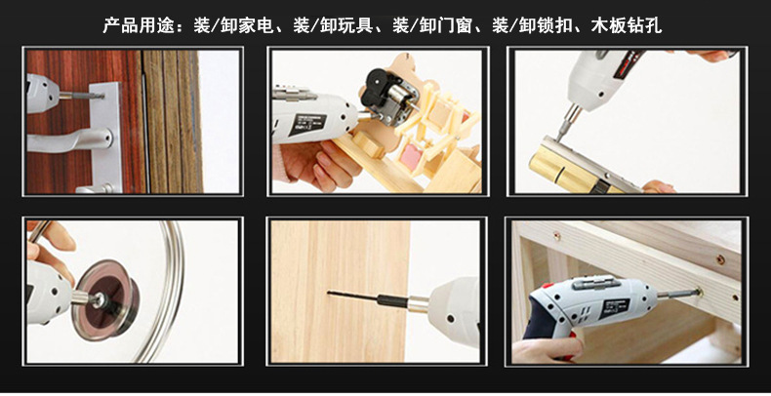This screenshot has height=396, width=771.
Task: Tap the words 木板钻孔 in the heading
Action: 627,25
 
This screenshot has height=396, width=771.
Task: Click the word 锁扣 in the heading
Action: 554,25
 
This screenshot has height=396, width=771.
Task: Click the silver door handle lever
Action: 69,140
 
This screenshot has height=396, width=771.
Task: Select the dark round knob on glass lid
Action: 104,299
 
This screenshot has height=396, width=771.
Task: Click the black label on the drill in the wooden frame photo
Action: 613,308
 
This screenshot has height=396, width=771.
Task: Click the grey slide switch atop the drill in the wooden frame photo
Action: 595,282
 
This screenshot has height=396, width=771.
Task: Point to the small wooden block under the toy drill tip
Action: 367,144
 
